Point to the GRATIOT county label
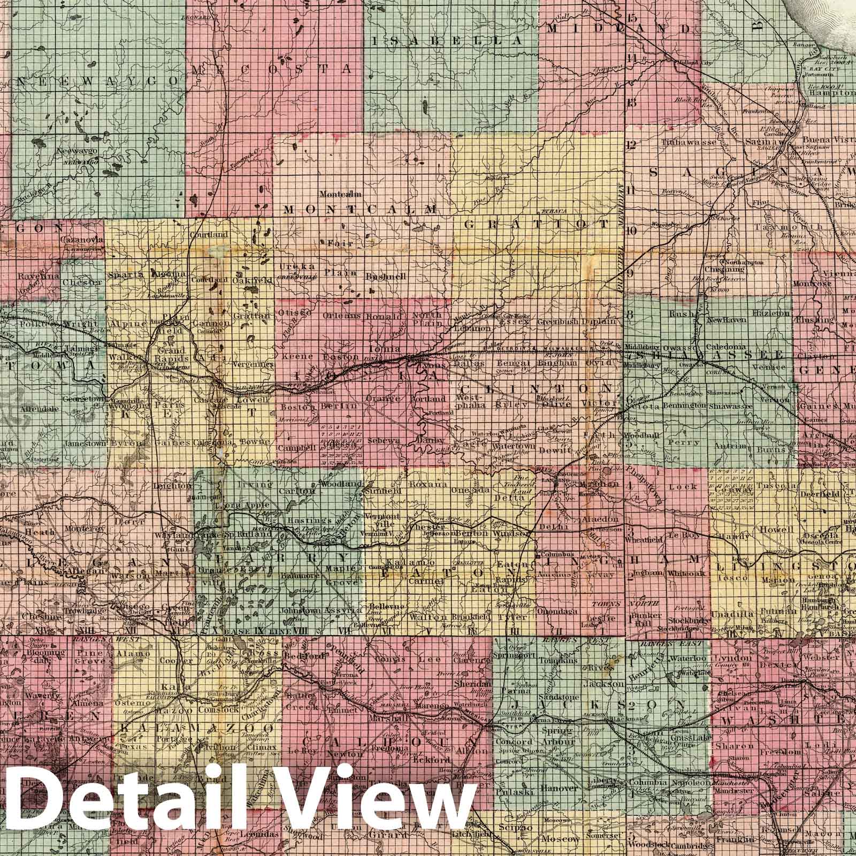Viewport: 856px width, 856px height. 537,224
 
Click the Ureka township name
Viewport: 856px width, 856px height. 292,266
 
